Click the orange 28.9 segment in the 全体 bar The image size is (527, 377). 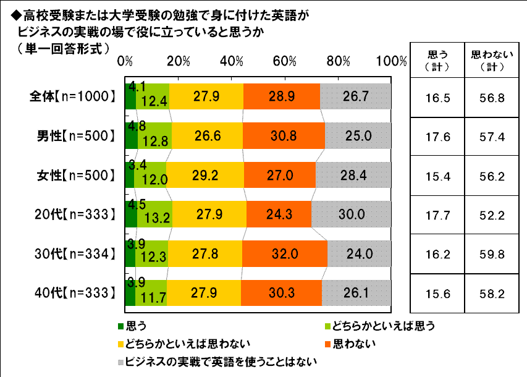click(282, 96)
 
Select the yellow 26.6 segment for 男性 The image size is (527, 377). click(208, 135)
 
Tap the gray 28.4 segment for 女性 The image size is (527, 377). click(353, 175)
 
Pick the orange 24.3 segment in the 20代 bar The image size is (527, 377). click(279, 214)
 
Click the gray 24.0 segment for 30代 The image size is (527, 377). click(359, 253)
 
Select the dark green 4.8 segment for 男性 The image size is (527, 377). click(130, 135)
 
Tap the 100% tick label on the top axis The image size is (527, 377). click(393, 61)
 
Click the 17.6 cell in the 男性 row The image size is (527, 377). click(436, 137)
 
